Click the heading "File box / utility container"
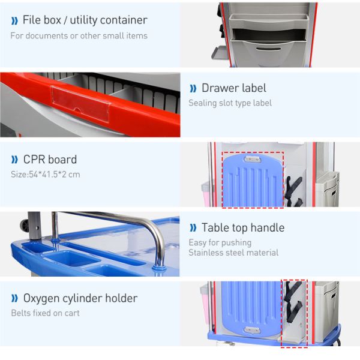(x=85, y=20)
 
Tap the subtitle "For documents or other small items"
(x=79, y=36)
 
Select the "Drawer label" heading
(x=234, y=88)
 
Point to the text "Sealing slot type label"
(x=230, y=103)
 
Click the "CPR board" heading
(x=50, y=160)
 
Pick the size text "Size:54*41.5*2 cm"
(x=46, y=175)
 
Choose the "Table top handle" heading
(x=243, y=228)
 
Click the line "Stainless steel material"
(x=233, y=253)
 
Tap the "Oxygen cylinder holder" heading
(x=80, y=298)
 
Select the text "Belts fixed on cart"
(x=45, y=313)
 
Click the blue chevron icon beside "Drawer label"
(x=193, y=88)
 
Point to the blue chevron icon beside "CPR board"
(x=14, y=160)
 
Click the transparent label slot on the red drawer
(x=80, y=103)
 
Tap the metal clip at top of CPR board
(x=252, y=159)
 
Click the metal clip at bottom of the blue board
(x=252, y=330)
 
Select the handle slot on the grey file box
(x=268, y=49)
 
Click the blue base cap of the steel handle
(x=160, y=268)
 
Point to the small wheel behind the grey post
(x=24, y=226)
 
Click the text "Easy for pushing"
(x=220, y=242)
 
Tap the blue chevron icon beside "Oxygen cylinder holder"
(x=14, y=298)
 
